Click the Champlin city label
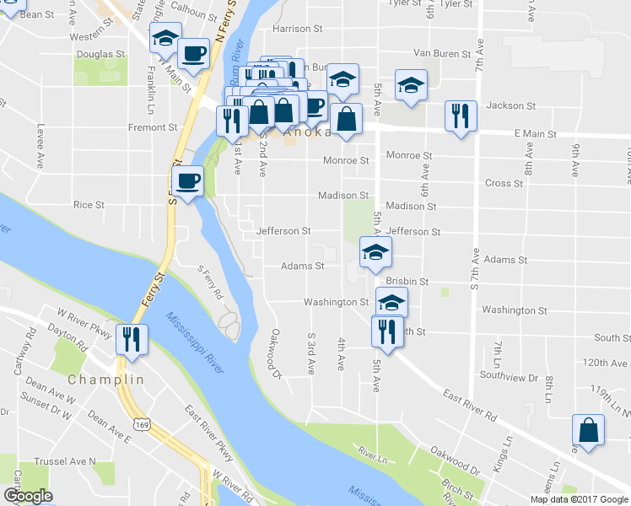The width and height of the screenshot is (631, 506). (106, 380)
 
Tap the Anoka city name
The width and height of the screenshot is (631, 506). (309, 133)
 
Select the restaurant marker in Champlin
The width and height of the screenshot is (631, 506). (132, 339)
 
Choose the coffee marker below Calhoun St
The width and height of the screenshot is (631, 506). (193, 55)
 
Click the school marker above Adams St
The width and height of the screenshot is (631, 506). (376, 250)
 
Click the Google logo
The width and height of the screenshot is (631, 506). (28, 497)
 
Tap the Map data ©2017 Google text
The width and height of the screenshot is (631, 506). (580, 499)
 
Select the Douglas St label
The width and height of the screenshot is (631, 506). (100, 54)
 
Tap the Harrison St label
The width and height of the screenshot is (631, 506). (298, 29)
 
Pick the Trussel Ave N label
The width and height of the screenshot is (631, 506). (65, 462)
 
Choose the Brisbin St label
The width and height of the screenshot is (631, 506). (407, 281)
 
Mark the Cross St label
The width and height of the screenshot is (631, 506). (504, 183)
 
